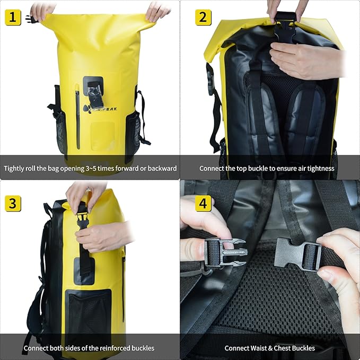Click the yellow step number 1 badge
click(x=13, y=18)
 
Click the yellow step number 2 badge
click(x=203, y=17)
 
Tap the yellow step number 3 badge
click(x=13, y=204)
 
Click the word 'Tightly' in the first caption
click(x=15, y=169)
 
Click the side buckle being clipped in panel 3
click(x=82, y=219)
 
